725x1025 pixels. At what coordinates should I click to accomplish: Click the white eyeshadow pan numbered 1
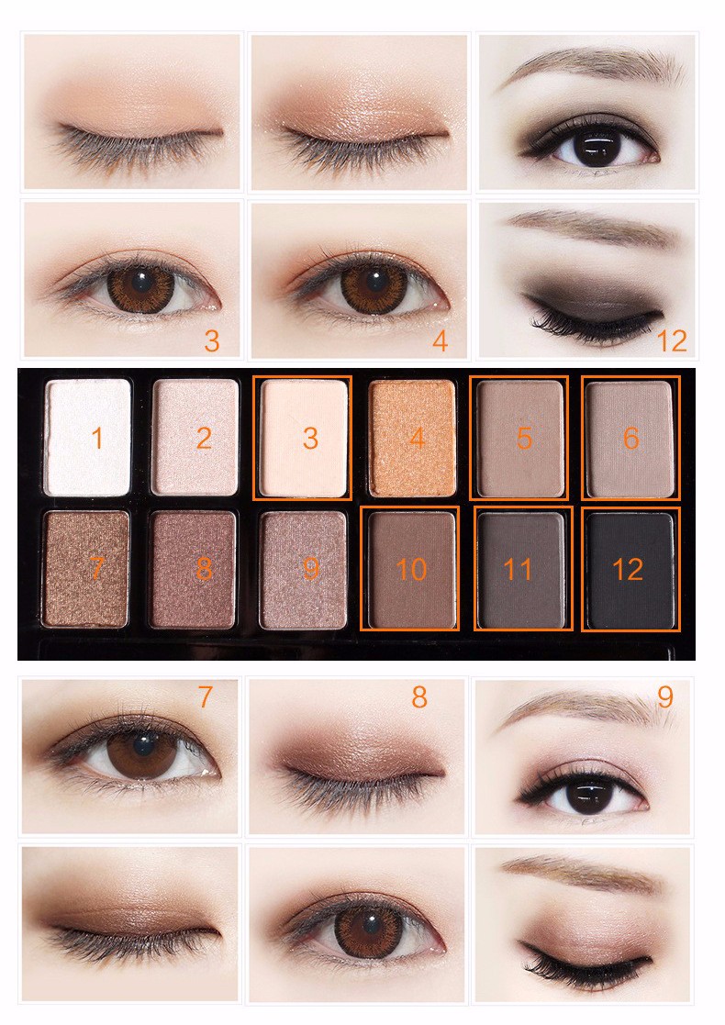click(87, 438)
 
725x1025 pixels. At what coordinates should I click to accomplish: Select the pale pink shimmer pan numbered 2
click(195, 438)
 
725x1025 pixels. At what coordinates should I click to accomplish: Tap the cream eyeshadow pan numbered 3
click(304, 438)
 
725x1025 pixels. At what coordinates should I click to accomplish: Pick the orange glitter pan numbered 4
click(412, 438)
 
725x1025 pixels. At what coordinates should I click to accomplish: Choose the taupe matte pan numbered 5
click(520, 439)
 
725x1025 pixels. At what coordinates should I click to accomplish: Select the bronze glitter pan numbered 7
click(86, 569)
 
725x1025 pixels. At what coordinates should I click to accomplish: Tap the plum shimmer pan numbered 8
click(193, 569)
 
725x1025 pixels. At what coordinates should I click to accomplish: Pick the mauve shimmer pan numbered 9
click(303, 570)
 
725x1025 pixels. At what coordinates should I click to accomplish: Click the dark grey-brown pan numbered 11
click(521, 570)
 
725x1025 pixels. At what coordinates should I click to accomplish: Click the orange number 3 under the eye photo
click(212, 340)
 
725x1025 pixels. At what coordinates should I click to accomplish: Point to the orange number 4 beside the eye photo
click(440, 340)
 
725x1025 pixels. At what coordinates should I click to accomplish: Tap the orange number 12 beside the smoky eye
click(672, 340)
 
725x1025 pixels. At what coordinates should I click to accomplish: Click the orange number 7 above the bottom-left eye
click(206, 696)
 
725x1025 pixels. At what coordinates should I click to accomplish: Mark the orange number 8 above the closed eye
click(419, 696)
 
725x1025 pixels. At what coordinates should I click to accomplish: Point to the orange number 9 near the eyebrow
click(664, 696)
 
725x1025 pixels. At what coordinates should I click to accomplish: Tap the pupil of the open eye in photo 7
click(143, 744)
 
